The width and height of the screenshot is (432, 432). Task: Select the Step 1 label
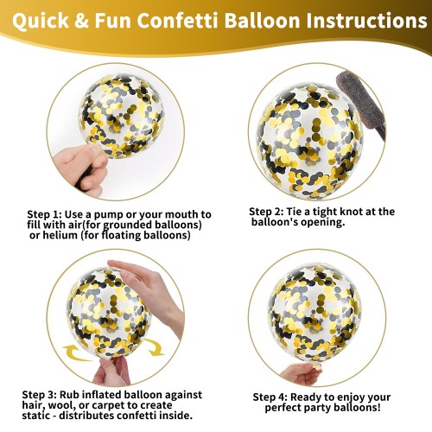tap(44, 215)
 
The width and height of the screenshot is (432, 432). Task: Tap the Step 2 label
tap(266, 212)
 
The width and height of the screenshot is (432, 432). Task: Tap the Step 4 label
tap(270, 397)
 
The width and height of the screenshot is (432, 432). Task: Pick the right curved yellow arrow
tap(154, 347)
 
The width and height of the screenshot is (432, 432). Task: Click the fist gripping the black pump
tap(81, 168)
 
